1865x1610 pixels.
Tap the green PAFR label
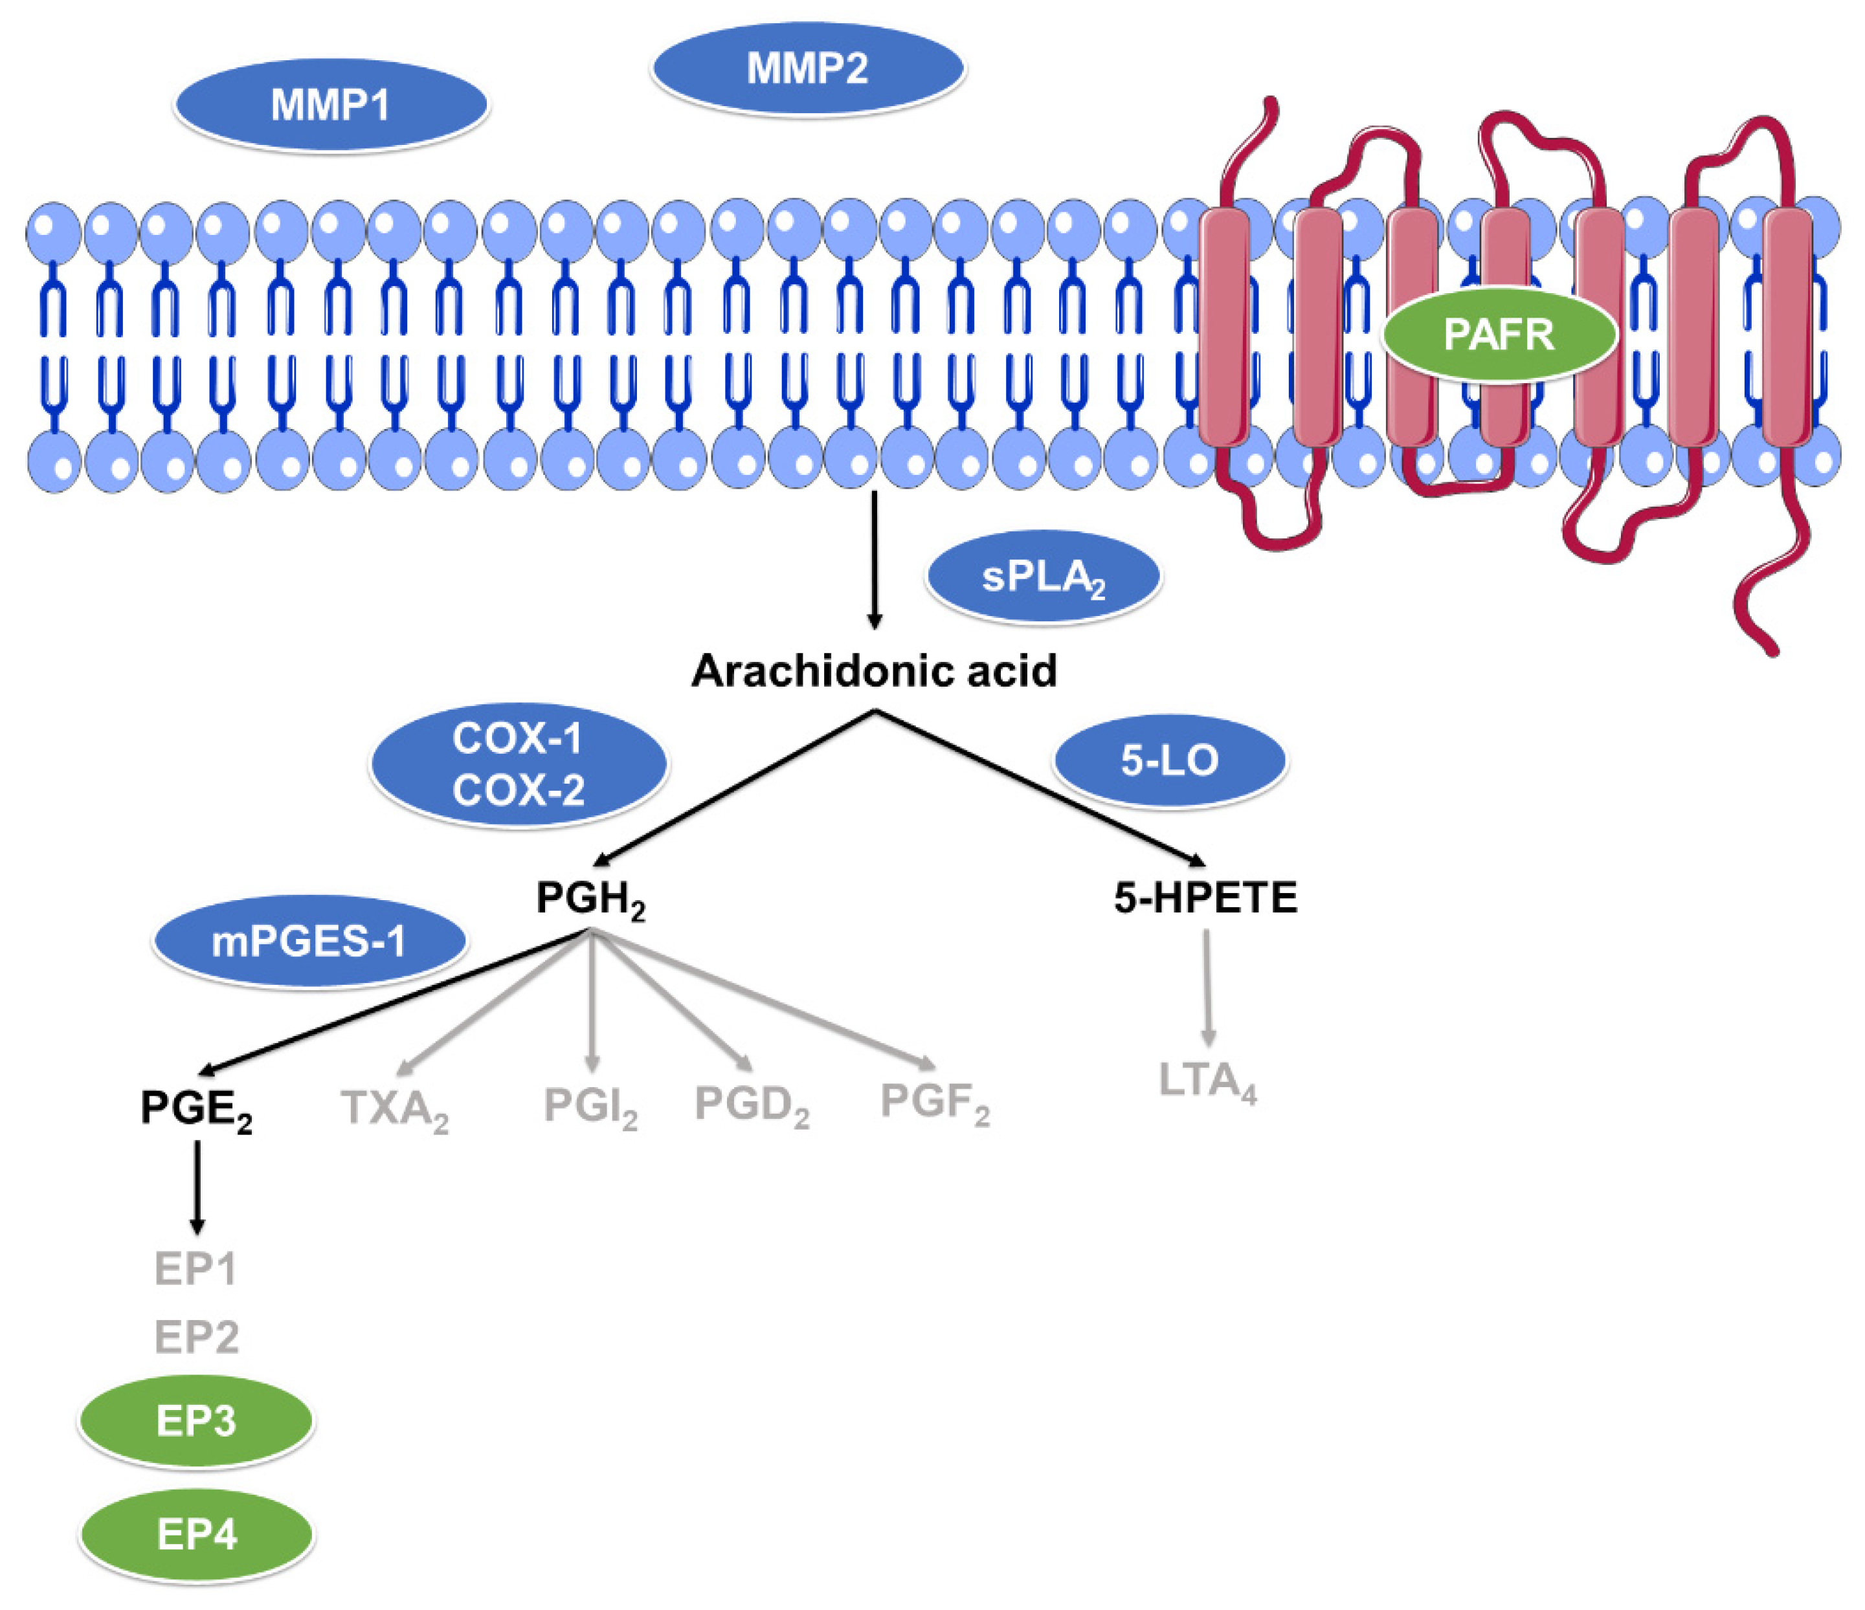pyautogui.click(x=1499, y=335)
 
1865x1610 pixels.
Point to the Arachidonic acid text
pyautogui.click(x=874, y=671)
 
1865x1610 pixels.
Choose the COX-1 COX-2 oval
pyautogui.click(x=519, y=764)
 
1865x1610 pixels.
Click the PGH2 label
pyautogui.click(x=590, y=898)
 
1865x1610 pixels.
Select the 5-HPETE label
pyautogui.click(x=1205, y=898)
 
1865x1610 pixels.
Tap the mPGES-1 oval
pyautogui.click(x=309, y=942)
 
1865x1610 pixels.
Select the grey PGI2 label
pyautogui.click(x=590, y=1106)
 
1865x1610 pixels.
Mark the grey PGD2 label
pyautogui.click(x=752, y=1104)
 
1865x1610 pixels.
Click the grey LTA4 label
pyautogui.click(x=1206, y=1082)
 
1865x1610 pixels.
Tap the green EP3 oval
pyautogui.click(x=196, y=1422)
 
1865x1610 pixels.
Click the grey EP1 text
pyautogui.click(x=195, y=1269)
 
